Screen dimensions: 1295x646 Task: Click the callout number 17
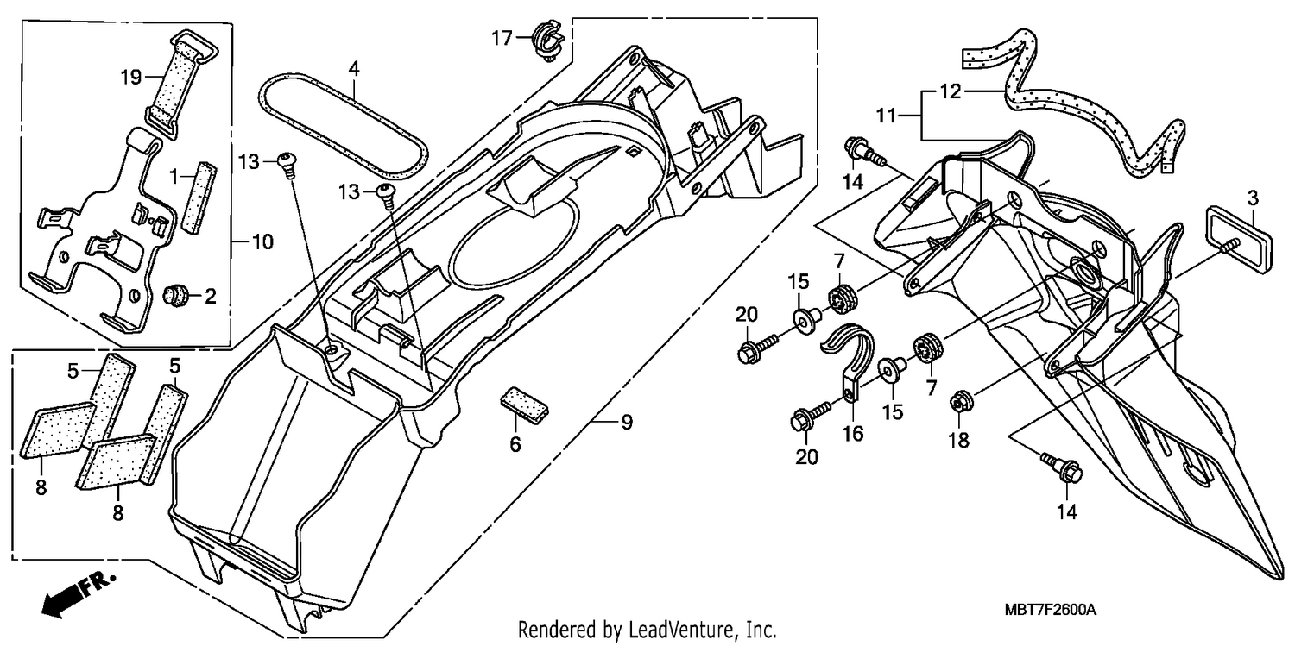pyautogui.click(x=502, y=38)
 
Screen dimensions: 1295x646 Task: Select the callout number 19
pyautogui.click(x=131, y=76)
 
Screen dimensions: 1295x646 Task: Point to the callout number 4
pyautogui.click(x=354, y=69)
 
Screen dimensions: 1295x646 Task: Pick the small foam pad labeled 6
pyautogui.click(x=524, y=405)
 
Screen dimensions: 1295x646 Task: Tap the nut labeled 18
pyautogui.click(x=960, y=401)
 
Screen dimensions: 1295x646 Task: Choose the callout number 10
pyautogui.click(x=262, y=241)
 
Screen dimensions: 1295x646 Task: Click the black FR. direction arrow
pyautogui.click(x=78, y=594)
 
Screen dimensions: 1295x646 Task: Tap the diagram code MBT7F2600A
pyautogui.click(x=1050, y=610)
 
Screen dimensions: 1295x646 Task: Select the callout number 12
pyautogui.click(x=950, y=91)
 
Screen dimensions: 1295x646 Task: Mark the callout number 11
pyautogui.click(x=886, y=116)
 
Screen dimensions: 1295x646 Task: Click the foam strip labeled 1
pyautogui.click(x=200, y=198)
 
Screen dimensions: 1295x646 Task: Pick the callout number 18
pyautogui.click(x=958, y=441)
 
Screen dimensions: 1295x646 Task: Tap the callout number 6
pyautogui.click(x=515, y=444)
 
